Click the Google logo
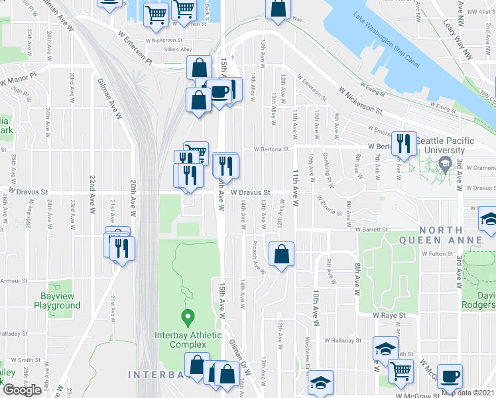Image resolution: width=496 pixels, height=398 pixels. click(x=23, y=390)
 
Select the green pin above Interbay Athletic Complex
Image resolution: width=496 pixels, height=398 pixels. click(x=188, y=318)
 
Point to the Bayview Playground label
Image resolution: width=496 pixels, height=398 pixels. click(x=56, y=301)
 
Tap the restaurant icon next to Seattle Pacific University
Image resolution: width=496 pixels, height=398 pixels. click(x=403, y=144)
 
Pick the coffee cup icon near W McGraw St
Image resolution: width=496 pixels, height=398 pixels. click(x=450, y=376)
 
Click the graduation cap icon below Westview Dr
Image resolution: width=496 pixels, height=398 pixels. click(x=320, y=383)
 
